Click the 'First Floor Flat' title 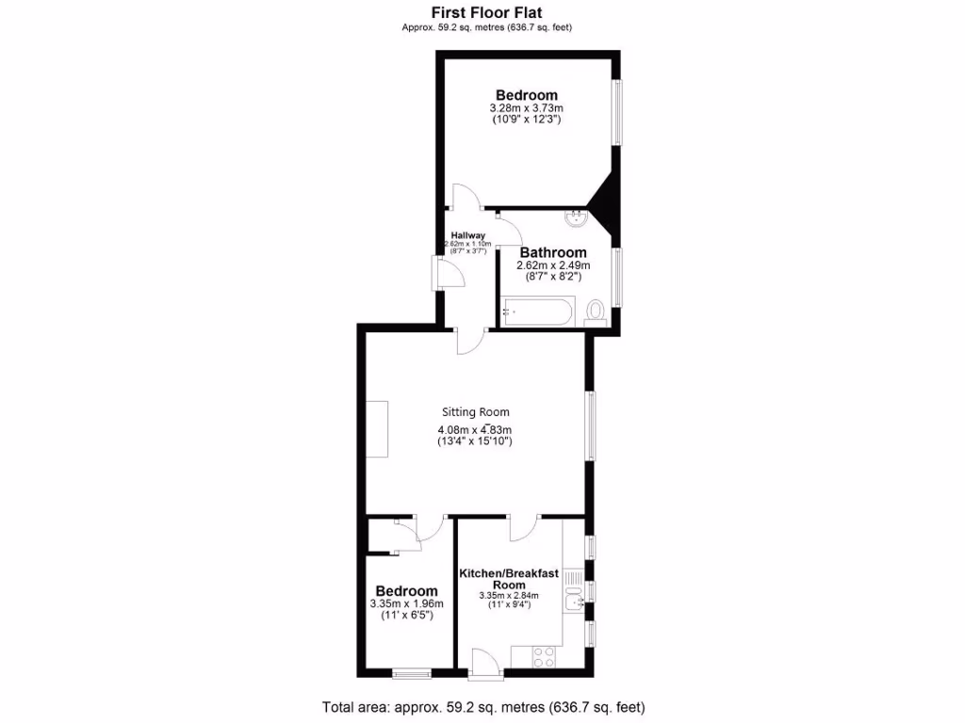click(x=487, y=12)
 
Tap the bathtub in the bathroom click(x=537, y=312)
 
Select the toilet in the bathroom click(x=595, y=311)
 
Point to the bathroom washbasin click(x=577, y=220)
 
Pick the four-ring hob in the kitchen click(x=544, y=656)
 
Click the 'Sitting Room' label click(x=476, y=411)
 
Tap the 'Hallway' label click(x=467, y=235)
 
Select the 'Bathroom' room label click(x=553, y=252)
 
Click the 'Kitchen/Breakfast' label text click(x=509, y=573)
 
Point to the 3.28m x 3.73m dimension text click(x=527, y=108)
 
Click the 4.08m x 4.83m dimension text click(x=475, y=429)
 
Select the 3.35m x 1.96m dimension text click(x=407, y=603)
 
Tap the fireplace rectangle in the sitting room click(x=377, y=428)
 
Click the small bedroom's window click(x=410, y=672)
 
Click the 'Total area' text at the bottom click(x=483, y=707)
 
